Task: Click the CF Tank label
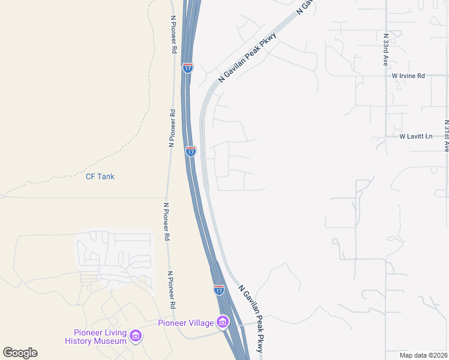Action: point(100,176)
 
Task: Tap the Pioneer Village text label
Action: point(185,323)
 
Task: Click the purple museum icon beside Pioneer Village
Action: point(223,323)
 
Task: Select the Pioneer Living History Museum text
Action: point(96,337)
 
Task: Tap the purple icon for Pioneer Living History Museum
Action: point(136,335)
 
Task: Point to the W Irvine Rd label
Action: point(408,76)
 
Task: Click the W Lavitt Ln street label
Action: point(416,136)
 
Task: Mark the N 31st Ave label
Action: point(446,135)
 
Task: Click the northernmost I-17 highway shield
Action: point(188,68)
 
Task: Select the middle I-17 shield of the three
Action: point(190,151)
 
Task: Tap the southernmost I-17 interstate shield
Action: point(219,290)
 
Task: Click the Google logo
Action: point(20,353)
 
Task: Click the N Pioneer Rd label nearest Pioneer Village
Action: point(172,290)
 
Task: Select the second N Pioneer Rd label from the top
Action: point(172,128)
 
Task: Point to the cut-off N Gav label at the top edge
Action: point(305,7)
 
